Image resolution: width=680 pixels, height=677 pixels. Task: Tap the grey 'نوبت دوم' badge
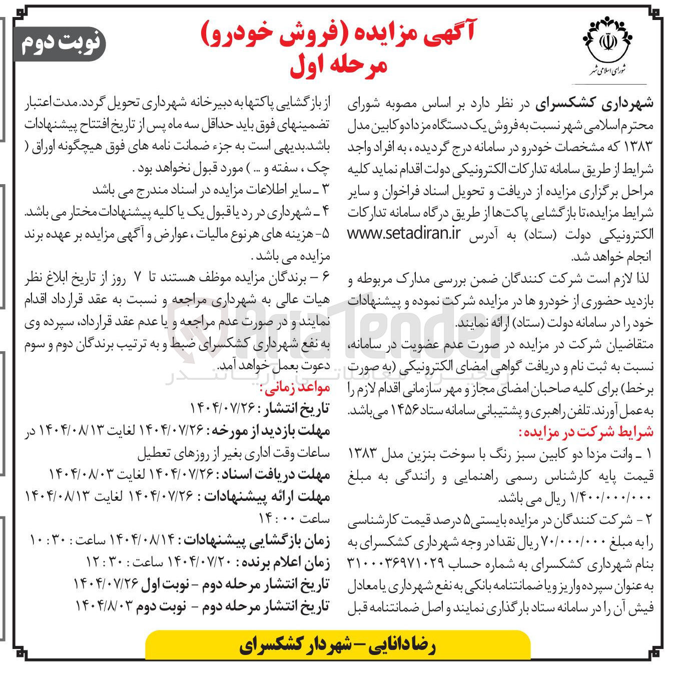point(61,44)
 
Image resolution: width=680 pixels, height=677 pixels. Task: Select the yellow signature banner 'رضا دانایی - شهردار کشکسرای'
point(338,645)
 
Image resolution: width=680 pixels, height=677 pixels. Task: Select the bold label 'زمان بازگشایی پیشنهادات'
point(258,541)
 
